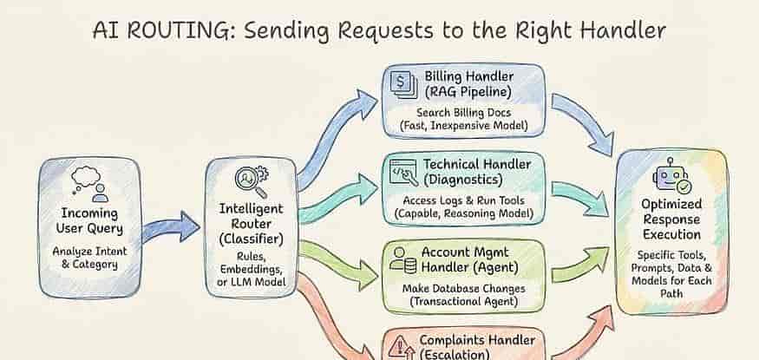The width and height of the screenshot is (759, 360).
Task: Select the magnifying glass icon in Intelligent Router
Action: (x=252, y=181)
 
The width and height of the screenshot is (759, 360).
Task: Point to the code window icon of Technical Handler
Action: (x=402, y=173)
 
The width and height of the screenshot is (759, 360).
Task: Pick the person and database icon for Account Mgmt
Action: (x=403, y=261)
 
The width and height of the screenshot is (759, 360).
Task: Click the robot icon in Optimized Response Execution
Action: (x=671, y=176)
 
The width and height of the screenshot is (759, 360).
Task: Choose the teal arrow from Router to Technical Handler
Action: (x=338, y=199)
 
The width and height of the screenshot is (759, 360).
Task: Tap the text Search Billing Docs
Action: (x=464, y=112)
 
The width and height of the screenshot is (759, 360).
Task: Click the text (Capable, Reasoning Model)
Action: (x=464, y=213)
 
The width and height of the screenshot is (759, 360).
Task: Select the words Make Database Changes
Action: (x=464, y=288)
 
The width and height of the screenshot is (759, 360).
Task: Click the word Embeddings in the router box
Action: (x=251, y=269)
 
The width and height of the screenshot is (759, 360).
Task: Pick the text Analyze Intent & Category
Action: (x=89, y=258)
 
